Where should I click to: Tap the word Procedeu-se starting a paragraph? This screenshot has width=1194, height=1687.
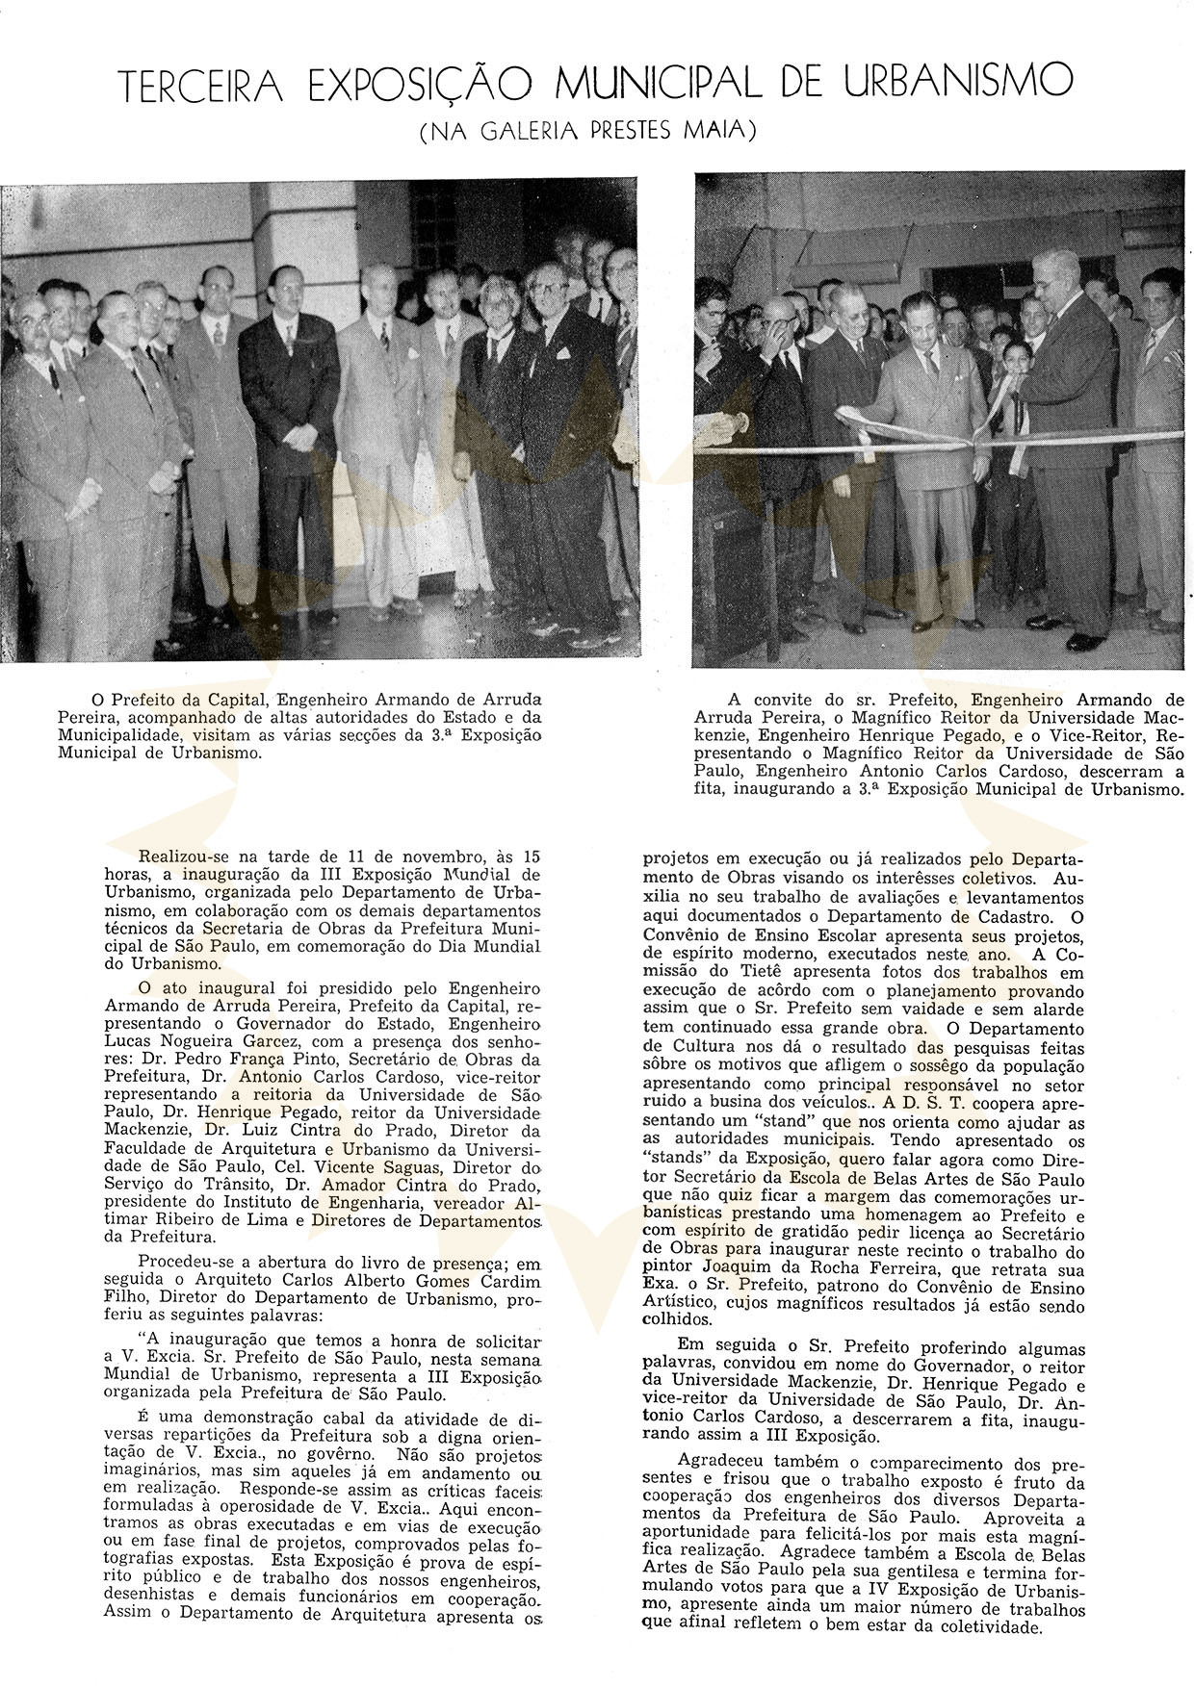[186, 1263]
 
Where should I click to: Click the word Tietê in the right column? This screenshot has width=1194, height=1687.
[759, 973]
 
